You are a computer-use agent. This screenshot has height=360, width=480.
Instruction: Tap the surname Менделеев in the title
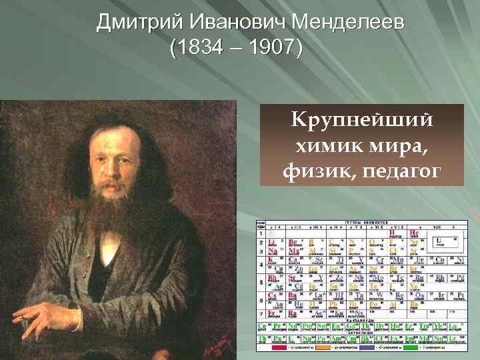pos(349,23)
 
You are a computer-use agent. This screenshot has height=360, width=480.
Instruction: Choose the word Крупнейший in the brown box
pos(361,121)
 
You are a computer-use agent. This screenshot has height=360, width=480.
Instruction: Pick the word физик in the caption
pos(313,171)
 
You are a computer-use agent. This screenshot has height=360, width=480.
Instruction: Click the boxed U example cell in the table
pos(441,242)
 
